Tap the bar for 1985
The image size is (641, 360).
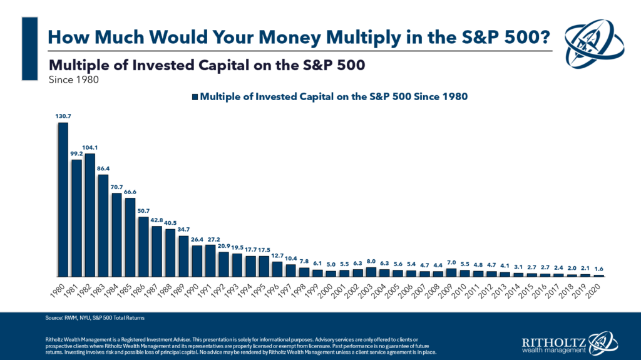[x=130, y=237]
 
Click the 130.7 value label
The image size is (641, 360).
[x=63, y=116]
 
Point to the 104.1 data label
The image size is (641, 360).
[x=90, y=148]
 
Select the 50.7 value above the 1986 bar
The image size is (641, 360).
[x=143, y=211]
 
